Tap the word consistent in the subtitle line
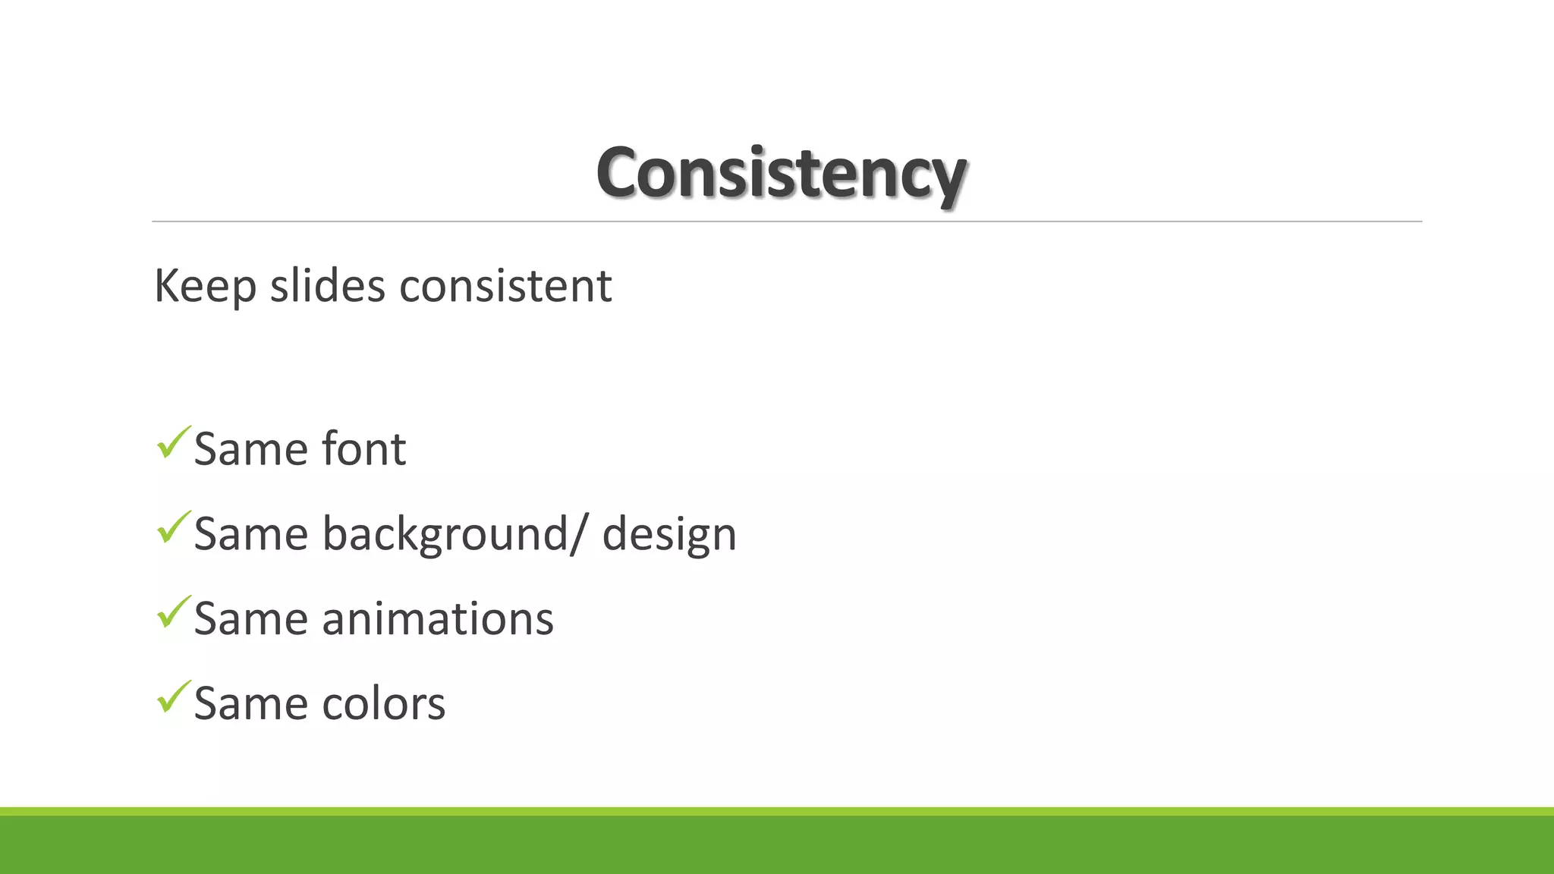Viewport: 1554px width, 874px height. coord(505,286)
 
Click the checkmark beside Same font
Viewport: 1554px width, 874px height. coord(172,444)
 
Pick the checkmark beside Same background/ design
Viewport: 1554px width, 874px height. coord(172,529)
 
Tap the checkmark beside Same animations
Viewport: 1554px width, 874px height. coord(172,614)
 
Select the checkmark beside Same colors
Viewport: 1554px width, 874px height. coord(172,699)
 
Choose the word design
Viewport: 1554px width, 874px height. coord(669,534)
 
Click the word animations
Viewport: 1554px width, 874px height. coord(438,618)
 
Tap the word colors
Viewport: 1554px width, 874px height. coord(383,703)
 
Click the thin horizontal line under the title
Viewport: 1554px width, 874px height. coord(787,222)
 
